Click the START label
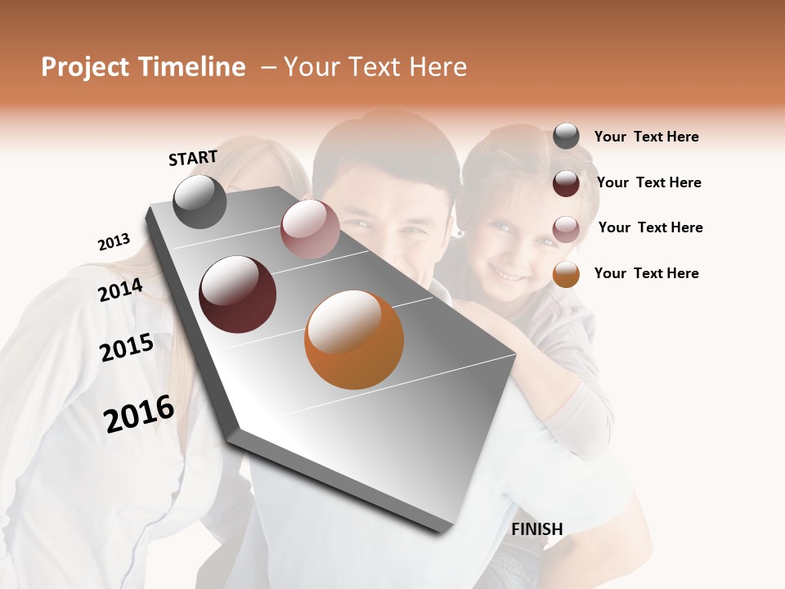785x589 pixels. pyautogui.click(x=193, y=158)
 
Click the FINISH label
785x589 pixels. pyautogui.click(x=536, y=529)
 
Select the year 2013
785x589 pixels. pyautogui.click(x=114, y=242)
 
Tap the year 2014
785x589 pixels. pyautogui.click(x=120, y=290)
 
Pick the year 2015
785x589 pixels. pyautogui.click(x=127, y=348)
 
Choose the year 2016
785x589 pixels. pyautogui.click(x=139, y=414)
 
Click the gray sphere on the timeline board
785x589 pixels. pyautogui.click(x=200, y=201)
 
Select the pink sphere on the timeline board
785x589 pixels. pyautogui.click(x=310, y=229)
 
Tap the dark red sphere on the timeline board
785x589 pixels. pyautogui.click(x=237, y=294)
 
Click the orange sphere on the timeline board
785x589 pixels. pyautogui.click(x=354, y=339)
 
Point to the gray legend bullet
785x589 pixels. pyautogui.click(x=566, y=137)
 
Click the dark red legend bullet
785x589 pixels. pyautogui.click(x=566, y=182)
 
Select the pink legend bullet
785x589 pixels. pyautogui.click(x=566, y=228)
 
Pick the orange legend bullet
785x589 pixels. pyautogui.click(x=566, y=274)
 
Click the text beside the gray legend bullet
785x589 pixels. pyautogui.click(x=646, y=137)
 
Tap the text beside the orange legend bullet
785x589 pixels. pyautogui.click(x=646, y=273)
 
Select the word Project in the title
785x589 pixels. pyautogui.click(x=86, y=67)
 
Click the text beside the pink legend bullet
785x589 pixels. pyautogui.click(x=650, y=227)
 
